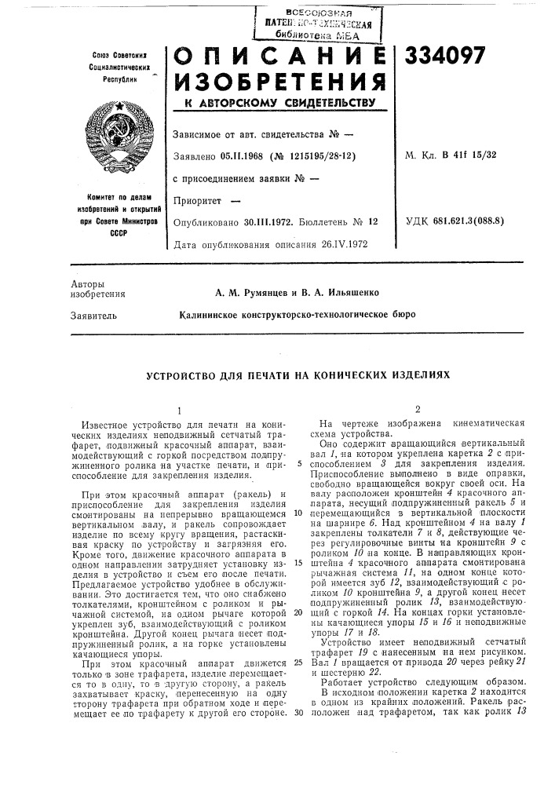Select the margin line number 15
point(298,585)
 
